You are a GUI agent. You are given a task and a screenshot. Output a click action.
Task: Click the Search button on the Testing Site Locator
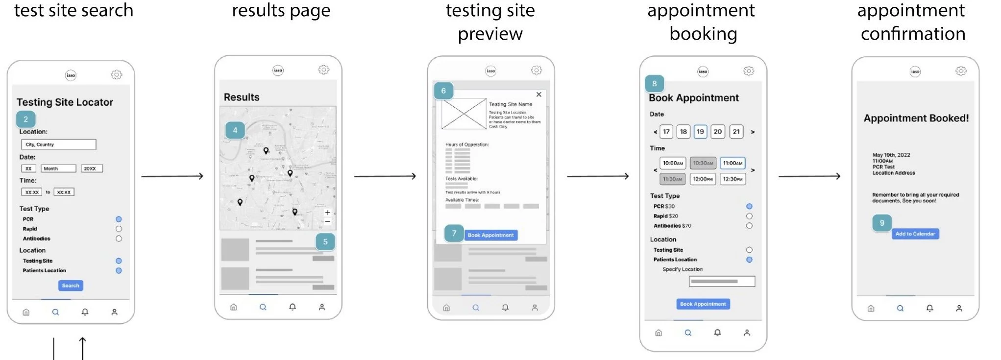tap(71, 286)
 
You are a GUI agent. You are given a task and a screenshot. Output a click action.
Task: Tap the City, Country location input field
tap(59, 144)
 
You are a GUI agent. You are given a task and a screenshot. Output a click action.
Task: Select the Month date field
tap(58, 168)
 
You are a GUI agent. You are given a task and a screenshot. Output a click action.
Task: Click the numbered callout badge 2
tap(25, 120)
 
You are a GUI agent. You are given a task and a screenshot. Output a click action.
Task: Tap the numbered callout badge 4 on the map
tap(235, 130)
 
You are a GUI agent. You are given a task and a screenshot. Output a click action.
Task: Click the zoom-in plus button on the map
tap(327, 213)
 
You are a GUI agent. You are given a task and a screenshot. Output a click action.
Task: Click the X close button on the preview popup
tap(538, 95)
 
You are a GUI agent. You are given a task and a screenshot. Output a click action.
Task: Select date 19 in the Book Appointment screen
tap(700, 132)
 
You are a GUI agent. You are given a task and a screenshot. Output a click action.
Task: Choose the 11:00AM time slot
tap(732, 163)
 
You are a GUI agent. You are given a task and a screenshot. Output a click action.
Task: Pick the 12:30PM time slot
tap(732, 179)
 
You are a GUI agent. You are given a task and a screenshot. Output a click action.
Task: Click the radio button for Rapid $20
tap(749, 216)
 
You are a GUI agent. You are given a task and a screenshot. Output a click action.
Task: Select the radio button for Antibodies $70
tap(749, 226)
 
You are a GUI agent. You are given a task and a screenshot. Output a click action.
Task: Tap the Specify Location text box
tap(722, 282)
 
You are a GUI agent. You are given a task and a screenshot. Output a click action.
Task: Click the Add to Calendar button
tap(915, 234)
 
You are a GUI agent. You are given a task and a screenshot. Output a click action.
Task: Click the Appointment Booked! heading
tap(916, 118)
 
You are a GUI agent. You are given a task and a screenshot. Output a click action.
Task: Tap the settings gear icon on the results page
tap(323, 70)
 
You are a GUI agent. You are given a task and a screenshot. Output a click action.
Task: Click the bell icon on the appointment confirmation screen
tap(929, 308)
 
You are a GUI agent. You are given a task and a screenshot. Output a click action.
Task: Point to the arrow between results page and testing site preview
tap(385, 176)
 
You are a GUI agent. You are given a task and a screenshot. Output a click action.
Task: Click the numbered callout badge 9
tap(882, 223)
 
